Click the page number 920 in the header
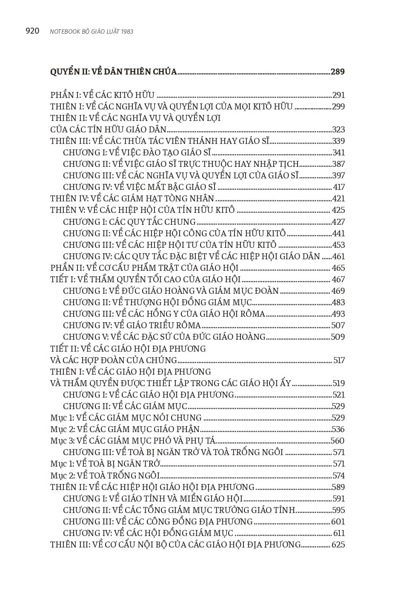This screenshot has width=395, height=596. coord(32,31)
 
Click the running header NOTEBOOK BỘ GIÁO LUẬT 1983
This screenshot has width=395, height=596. coord(92,32)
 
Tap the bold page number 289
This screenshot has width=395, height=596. coord(338,72)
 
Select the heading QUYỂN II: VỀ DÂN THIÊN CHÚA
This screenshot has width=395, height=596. coord(113,72)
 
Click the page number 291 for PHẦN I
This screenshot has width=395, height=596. coord(338,95)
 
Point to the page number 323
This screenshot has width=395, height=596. coord(338,130)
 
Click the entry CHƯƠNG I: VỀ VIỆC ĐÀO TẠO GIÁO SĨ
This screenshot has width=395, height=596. coord(137,153)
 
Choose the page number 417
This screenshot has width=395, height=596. coord(339,187)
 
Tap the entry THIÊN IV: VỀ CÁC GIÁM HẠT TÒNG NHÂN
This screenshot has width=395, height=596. coord(132,199)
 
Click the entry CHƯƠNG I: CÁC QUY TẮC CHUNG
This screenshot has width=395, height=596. coord(129,222)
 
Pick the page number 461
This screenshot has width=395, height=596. coord(339,256)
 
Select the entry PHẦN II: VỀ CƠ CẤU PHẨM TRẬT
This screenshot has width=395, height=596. coord(144,268)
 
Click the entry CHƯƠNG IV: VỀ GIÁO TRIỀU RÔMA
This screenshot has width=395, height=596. coord(132,326)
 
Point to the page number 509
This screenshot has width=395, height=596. coord(338,337)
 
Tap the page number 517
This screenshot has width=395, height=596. coord(339,361)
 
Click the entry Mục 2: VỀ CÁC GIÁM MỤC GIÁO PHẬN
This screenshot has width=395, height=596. coord(125,430)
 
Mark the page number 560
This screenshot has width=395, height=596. coord(338,441)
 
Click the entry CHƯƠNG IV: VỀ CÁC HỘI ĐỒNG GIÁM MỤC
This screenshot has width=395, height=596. coord(148,533)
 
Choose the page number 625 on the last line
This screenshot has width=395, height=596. coord(338,545)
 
